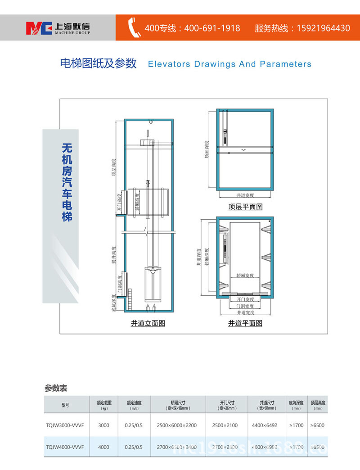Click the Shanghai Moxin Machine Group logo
coord(58,27)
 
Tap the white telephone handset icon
coord(135,28)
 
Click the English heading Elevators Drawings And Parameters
coord(229,64)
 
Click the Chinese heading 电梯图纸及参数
coord(98,63)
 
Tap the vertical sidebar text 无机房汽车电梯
coord(67,182)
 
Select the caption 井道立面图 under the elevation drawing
coord(148,323)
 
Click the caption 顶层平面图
coord(245,207)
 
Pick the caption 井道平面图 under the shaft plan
coord(245,323)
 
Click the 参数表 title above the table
coord(56,388)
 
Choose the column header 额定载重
coord(104,403)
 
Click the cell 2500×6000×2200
coord(177,425)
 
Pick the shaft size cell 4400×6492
coord(265,425)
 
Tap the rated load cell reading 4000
coord(104,447)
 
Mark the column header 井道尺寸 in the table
coord(267,403)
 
